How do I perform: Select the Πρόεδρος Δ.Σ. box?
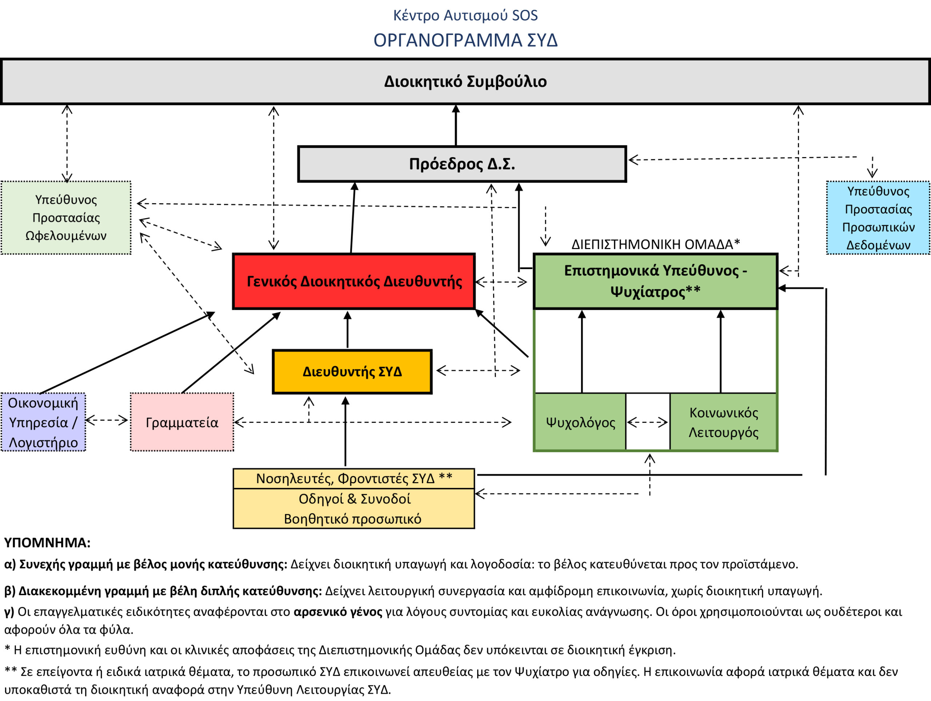[x=462, y=164]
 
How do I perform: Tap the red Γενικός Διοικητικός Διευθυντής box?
[x=353, y=281]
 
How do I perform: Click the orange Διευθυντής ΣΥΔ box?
[x=352, y=372]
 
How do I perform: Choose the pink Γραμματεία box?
[x=182, y=422]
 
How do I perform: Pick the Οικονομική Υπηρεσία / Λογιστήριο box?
[x=43, y=422]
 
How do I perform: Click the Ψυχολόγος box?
[x=580, y=422]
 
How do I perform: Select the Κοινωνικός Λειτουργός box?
[x=723, y=422]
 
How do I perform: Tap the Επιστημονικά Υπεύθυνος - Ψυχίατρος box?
[x=655, y=281]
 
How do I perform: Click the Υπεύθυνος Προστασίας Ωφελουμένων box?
[x=66, y=217]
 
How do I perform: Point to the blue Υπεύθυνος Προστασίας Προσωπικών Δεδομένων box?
[x=878, y=217]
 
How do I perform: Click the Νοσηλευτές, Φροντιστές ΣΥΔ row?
[x=353, y=478]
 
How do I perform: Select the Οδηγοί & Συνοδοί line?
[x=353, y=498]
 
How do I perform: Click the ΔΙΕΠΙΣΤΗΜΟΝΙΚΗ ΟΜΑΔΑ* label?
[x=655, y=244]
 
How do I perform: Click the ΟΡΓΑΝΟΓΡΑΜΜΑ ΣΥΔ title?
[x=465, y=40]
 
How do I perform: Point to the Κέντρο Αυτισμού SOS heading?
[x=465, y=16]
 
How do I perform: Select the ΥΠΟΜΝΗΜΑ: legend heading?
[x=47, y=543]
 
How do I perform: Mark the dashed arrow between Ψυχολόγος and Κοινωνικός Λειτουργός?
[x=647, y=422]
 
